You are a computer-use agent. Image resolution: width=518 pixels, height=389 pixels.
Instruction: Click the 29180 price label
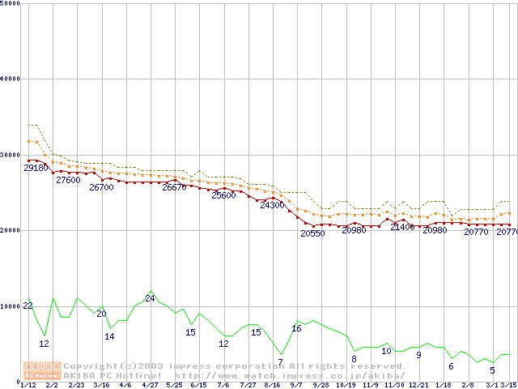click(x=36, y=168)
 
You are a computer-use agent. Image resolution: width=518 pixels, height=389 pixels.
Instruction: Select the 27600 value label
click(x=68, y=180)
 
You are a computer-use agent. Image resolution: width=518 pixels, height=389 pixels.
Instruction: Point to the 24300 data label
click(x=272, y=205)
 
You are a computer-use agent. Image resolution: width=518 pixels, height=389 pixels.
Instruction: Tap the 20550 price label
click(x=312, y=233)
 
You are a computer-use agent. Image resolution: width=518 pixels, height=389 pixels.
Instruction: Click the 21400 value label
click(x=402, y=227)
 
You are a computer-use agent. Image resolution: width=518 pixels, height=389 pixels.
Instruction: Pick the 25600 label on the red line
click(x=223, y=195)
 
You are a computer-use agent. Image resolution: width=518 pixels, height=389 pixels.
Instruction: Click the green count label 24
click(x=150, y=298)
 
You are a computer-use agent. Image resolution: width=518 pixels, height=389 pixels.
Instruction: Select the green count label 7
click(x=280, y=362)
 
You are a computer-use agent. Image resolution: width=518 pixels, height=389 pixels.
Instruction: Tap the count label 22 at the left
click(x=28, y=306)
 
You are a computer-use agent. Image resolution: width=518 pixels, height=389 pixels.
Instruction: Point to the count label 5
click(x=491, y=370)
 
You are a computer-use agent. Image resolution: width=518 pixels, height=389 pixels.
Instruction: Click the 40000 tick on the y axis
click(x=11, y=79)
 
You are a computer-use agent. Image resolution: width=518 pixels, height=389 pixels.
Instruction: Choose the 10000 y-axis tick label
click(x=11, y=306)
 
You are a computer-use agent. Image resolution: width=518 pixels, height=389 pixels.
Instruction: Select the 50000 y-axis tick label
click(x=11, y=4)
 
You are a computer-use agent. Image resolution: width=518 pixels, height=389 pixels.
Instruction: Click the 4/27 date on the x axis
click(x=150, y=385)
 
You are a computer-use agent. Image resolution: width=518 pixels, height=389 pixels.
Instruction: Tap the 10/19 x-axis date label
click(x=346, y=385)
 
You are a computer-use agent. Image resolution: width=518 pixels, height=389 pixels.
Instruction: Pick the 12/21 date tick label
click(x=418, y=385)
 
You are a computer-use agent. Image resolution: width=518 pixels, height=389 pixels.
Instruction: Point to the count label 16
click(x=296, y=328)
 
